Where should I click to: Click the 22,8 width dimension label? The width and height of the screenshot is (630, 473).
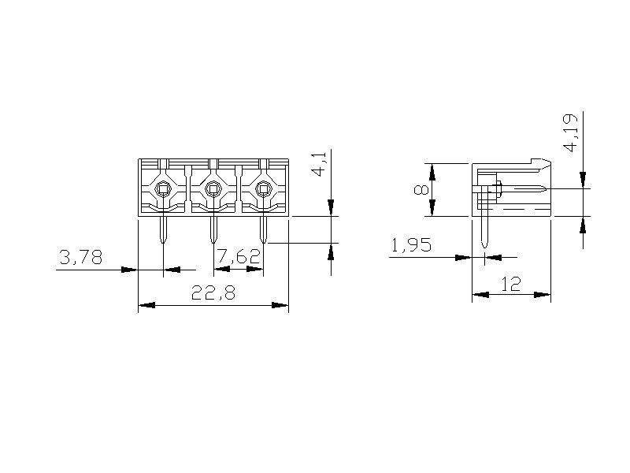[213, 292]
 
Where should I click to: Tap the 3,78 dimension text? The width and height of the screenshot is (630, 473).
[81, 257]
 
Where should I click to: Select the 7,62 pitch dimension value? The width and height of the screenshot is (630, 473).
[239, 256]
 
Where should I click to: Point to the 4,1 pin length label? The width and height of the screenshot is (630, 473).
[321, 163]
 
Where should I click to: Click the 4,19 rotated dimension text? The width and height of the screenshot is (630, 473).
[571, 132]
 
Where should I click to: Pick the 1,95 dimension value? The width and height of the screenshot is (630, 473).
[411, 244]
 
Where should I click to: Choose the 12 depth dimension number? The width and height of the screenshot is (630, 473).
[511, 284]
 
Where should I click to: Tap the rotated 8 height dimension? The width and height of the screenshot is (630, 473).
[421, 189]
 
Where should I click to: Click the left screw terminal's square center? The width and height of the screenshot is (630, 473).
[163, 188]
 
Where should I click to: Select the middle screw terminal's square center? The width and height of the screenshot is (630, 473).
[213, 188]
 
